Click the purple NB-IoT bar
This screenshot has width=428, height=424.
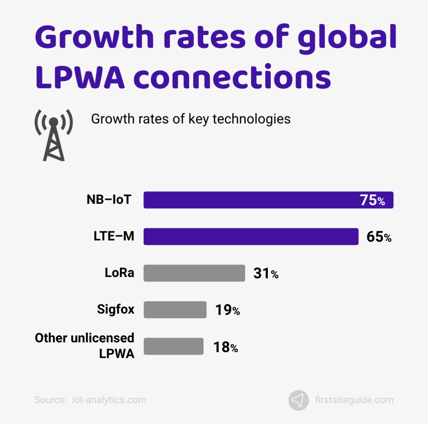251,200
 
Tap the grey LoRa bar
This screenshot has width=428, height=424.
194,273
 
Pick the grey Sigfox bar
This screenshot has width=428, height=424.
175,310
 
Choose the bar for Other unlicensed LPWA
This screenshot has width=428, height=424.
173,346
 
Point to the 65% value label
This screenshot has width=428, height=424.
379,237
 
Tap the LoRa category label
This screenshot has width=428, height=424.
120,273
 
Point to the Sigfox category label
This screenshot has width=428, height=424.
116,310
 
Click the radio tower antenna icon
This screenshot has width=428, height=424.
53,135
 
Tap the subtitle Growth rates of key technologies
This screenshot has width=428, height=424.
191,119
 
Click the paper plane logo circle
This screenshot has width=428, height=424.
298,400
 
